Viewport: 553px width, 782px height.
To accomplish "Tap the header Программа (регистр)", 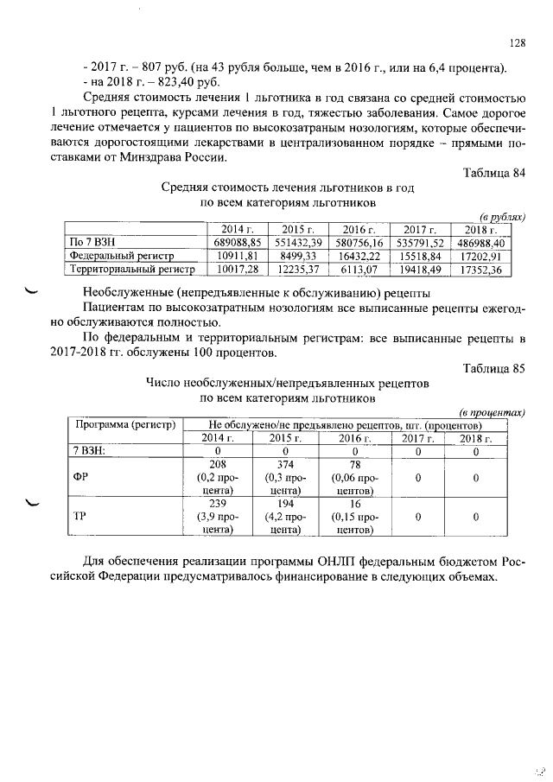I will pos(125,425).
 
